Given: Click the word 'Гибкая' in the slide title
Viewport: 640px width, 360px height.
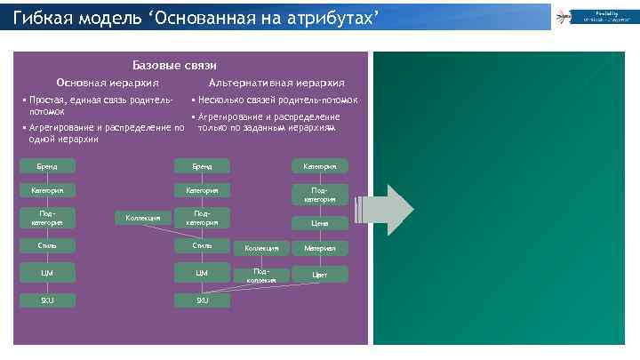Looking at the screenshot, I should tap(43, 15).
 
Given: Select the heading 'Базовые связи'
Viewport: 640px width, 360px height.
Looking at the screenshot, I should tap(174, 65).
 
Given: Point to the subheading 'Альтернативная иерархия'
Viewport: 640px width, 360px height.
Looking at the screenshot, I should tap(276, 82).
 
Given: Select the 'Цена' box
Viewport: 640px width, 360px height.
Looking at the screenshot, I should tap(320, 223).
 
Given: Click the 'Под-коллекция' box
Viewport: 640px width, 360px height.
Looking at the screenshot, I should tap(260, 274).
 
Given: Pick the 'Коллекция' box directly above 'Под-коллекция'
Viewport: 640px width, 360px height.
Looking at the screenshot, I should tap(260, 248).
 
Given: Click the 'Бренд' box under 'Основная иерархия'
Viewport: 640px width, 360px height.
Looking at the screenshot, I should tap(48, 165).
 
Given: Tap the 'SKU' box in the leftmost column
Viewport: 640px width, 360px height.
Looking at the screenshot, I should tap(48, 300).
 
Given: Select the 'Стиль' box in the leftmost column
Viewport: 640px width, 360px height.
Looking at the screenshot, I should tap(48, 245).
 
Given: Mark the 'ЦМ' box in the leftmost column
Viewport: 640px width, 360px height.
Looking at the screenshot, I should tap(48, 272).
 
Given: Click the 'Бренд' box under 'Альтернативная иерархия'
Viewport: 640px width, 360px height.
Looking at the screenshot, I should tap(202, 165).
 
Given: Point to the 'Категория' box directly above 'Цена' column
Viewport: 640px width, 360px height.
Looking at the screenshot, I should tap(320, 165).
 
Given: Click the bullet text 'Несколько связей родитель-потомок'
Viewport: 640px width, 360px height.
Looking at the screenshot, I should tap(278, 100).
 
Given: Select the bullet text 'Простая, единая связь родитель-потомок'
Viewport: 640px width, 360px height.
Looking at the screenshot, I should tap(98, 107).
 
